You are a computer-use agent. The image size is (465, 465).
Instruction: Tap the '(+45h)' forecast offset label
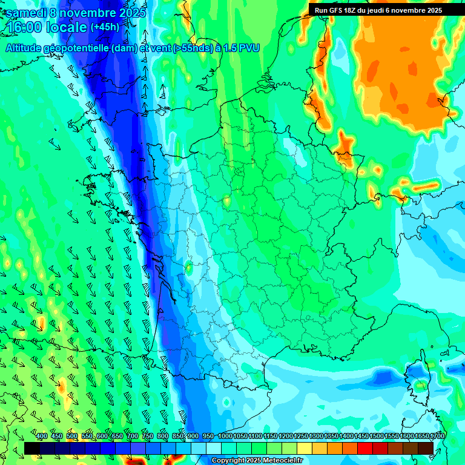pyautogui.click(x=105, y=27)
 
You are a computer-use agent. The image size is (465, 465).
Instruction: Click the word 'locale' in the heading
pyautogui.click(x=67, y=28)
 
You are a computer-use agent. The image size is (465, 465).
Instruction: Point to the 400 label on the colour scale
pyautogui.click(x=42, y=437)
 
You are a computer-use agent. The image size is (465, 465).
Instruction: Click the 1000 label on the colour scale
pyautogui.click(x=225, y=437)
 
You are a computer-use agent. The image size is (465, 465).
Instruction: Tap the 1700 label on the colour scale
pyautogui.click(x=437, y=437)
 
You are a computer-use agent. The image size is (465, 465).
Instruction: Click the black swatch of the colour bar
pyautogui.click(x=32, y=447)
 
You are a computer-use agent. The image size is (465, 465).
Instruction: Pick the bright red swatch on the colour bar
pyautogui.click(x=365, y=447)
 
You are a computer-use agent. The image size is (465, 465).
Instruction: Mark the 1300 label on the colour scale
pyautogui.click(x=316, y=437)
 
